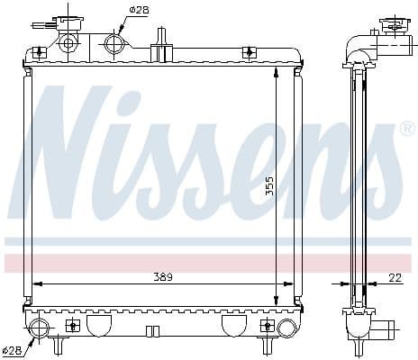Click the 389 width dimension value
click(162, 275)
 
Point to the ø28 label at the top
click(139, 10)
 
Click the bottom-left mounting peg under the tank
click(60, 345)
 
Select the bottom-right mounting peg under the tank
click(267, 345)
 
